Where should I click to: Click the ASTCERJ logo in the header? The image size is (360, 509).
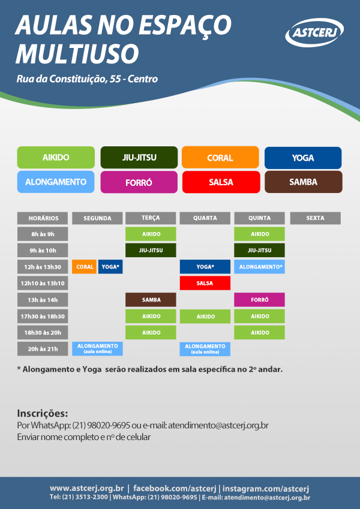point(314,32)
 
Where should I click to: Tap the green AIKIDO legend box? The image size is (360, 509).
point(56,158)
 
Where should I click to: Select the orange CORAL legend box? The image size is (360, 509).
point(220,158)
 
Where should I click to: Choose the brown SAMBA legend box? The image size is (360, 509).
point(304,182)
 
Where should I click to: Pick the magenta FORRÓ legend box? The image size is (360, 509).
point(139,182)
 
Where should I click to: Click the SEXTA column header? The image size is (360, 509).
point(315,218)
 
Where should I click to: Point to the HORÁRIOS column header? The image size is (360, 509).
point(43,218)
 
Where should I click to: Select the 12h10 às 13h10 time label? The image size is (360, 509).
point(43,283)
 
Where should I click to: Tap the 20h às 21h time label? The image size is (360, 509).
point(43,349)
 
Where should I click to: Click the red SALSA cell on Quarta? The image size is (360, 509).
point(205,283)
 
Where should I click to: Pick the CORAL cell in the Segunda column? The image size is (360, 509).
point(85,267)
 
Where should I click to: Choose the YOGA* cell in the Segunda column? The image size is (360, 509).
point(110,267)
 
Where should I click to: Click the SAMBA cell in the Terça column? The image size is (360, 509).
point(151,300)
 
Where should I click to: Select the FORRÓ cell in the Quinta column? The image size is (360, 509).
point(259,300)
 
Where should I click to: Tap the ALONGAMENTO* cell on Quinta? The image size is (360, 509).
point(259,267)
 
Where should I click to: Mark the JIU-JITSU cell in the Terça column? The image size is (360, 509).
point(151,250)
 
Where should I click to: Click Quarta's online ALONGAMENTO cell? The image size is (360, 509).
point(205,349)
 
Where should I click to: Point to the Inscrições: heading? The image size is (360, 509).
point(43,414)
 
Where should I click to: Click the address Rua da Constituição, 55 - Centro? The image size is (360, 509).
point(87,79)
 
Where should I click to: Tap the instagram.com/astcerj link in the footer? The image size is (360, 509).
point(266,488)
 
